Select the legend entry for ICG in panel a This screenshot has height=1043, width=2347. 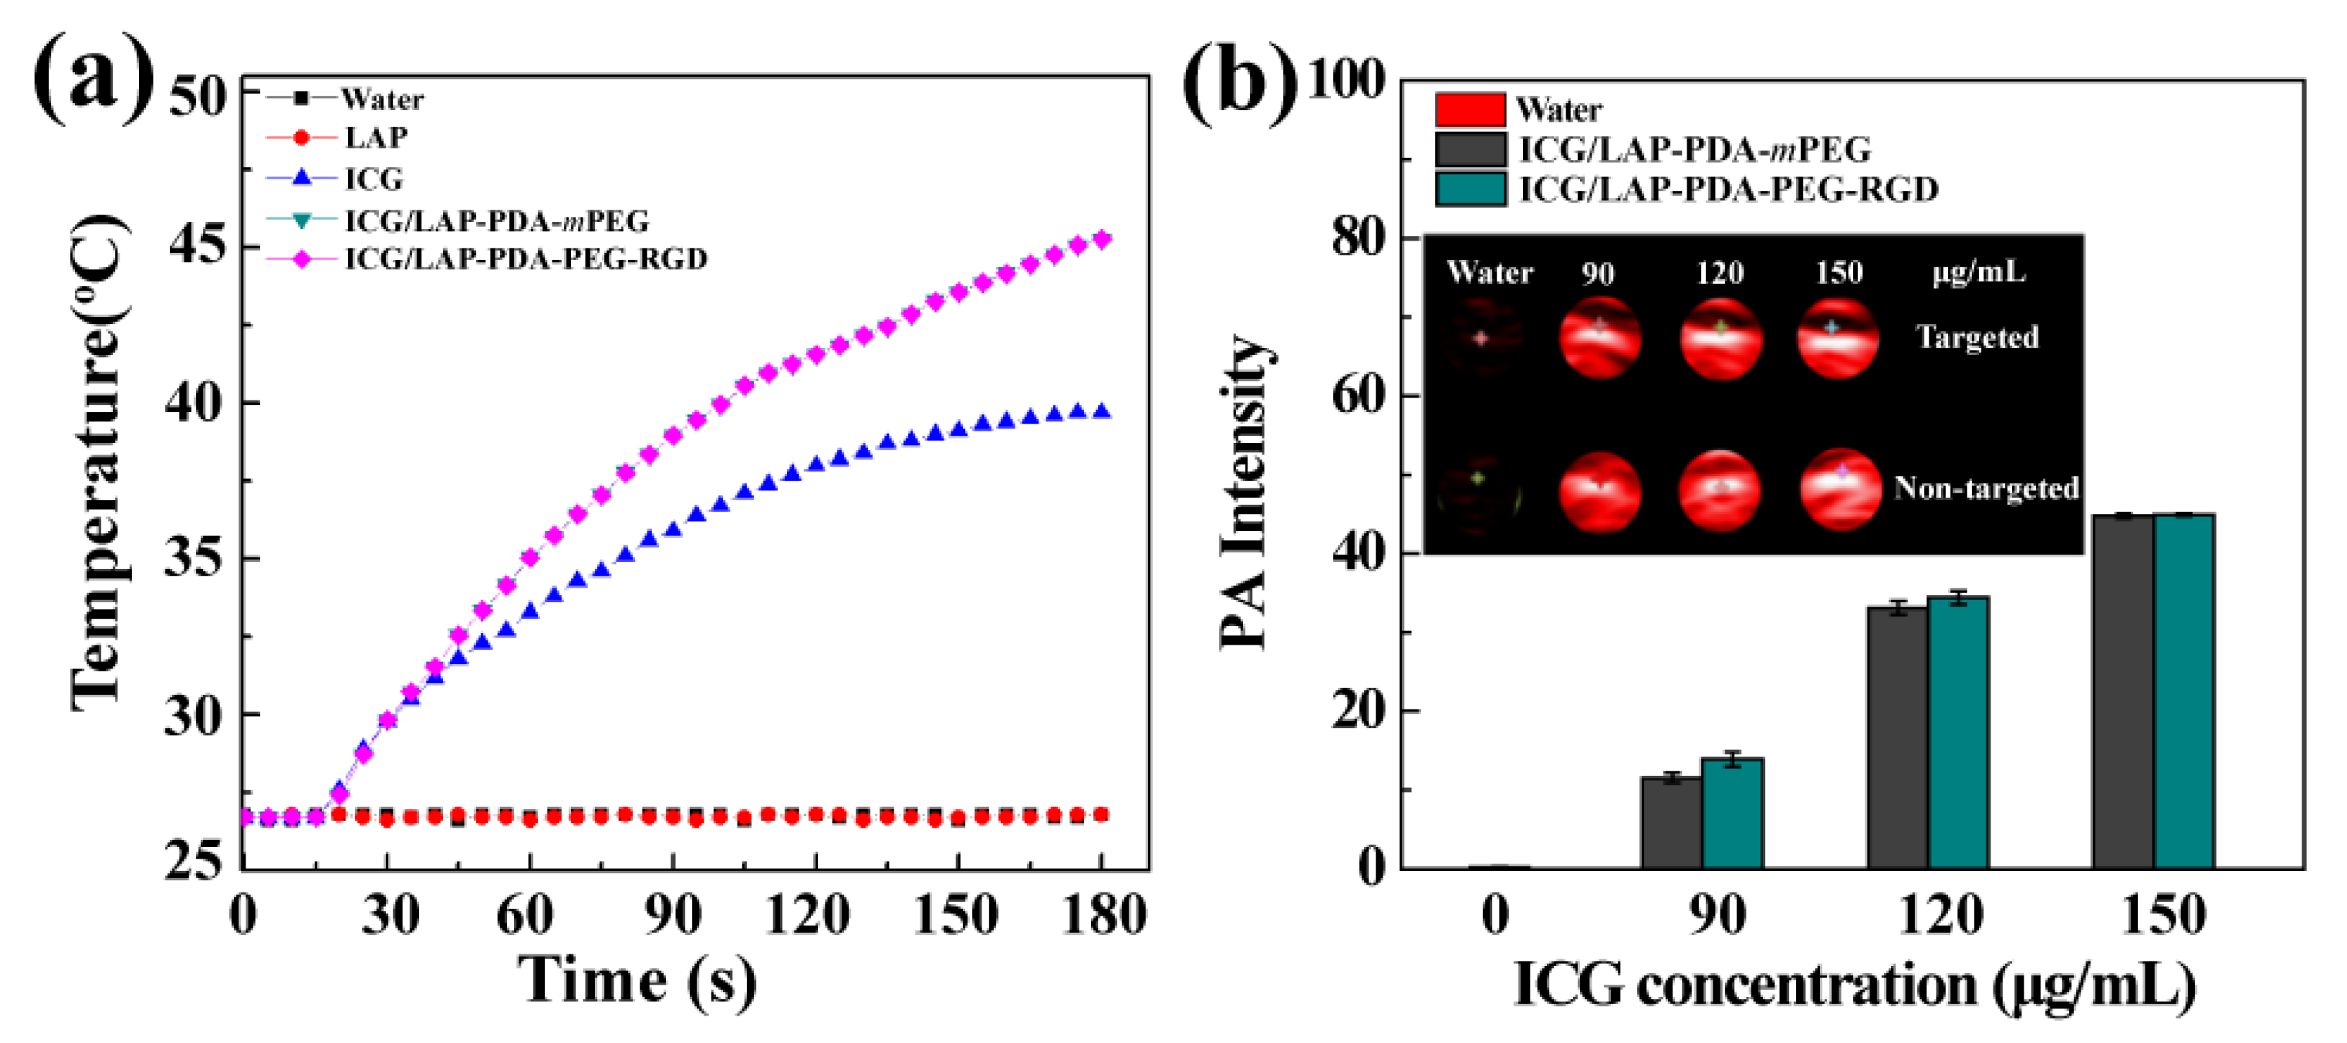(x=374, y=179)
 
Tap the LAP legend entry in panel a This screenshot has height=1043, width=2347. (x=375, y=138)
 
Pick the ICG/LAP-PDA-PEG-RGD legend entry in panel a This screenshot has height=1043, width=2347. (x=525, y=259)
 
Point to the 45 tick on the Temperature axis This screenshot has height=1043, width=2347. (x=196, y=245)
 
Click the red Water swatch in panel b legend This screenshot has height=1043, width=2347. (x=1470, y=109)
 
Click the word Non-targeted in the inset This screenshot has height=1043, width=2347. (x=1985, y=488)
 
